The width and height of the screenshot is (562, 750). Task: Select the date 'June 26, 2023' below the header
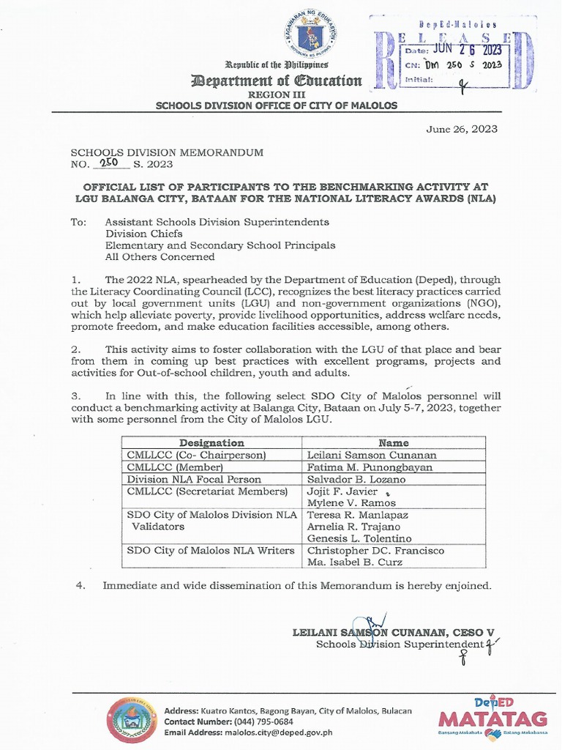[x=462, y=129]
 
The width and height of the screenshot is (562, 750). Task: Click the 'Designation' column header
[x=211, y=442]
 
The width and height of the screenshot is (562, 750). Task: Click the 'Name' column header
[x=394, y=442]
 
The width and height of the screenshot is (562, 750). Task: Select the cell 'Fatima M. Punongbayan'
[x=370, y=467]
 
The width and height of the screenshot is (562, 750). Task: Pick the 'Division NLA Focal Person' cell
[x=194, y=479]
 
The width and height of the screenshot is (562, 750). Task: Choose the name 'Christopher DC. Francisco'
[x=375, y=551]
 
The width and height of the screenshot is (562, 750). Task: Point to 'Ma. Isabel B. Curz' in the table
[x=355, y=562]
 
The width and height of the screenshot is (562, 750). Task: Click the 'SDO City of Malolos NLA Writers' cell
[x=211, y=551]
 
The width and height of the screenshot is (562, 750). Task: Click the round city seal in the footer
[x=132, y=719]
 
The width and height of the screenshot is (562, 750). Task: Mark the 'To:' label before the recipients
[x=79, y=222]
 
